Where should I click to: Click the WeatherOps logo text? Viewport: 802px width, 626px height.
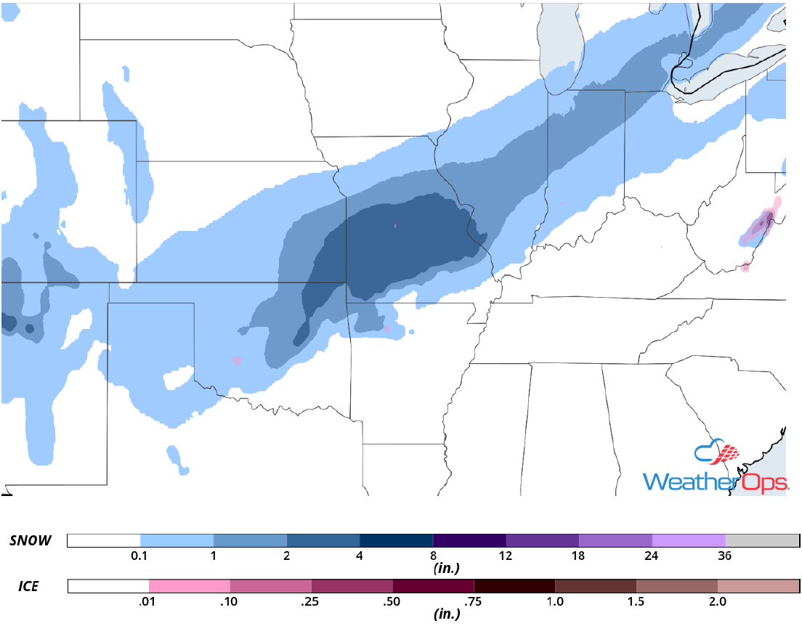(x=716, y=481)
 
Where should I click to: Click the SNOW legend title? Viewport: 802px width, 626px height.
(x=31, y=540)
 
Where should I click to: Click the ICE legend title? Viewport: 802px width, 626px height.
(x=29, y=585)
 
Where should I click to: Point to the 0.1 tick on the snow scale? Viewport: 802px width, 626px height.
(x=140, y=556)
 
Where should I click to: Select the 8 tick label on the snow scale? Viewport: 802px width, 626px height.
(x=433, y=556)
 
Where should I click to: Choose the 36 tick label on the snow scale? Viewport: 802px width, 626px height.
(x=724, y=556)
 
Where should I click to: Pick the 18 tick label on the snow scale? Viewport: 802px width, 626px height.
(x=578, y=556)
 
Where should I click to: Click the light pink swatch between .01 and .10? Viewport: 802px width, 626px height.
(x=189, y=585)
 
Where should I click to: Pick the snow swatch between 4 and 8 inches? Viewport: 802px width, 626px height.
(x=396, y=540)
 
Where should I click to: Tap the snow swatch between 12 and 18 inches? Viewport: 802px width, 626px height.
(x=542, y=540)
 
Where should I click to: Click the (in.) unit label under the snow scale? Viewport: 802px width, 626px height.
(x=444, y=569)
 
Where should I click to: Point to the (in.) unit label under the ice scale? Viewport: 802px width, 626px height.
(x=444, y=614)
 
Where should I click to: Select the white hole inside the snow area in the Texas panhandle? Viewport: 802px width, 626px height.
(x=177, y=378)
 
